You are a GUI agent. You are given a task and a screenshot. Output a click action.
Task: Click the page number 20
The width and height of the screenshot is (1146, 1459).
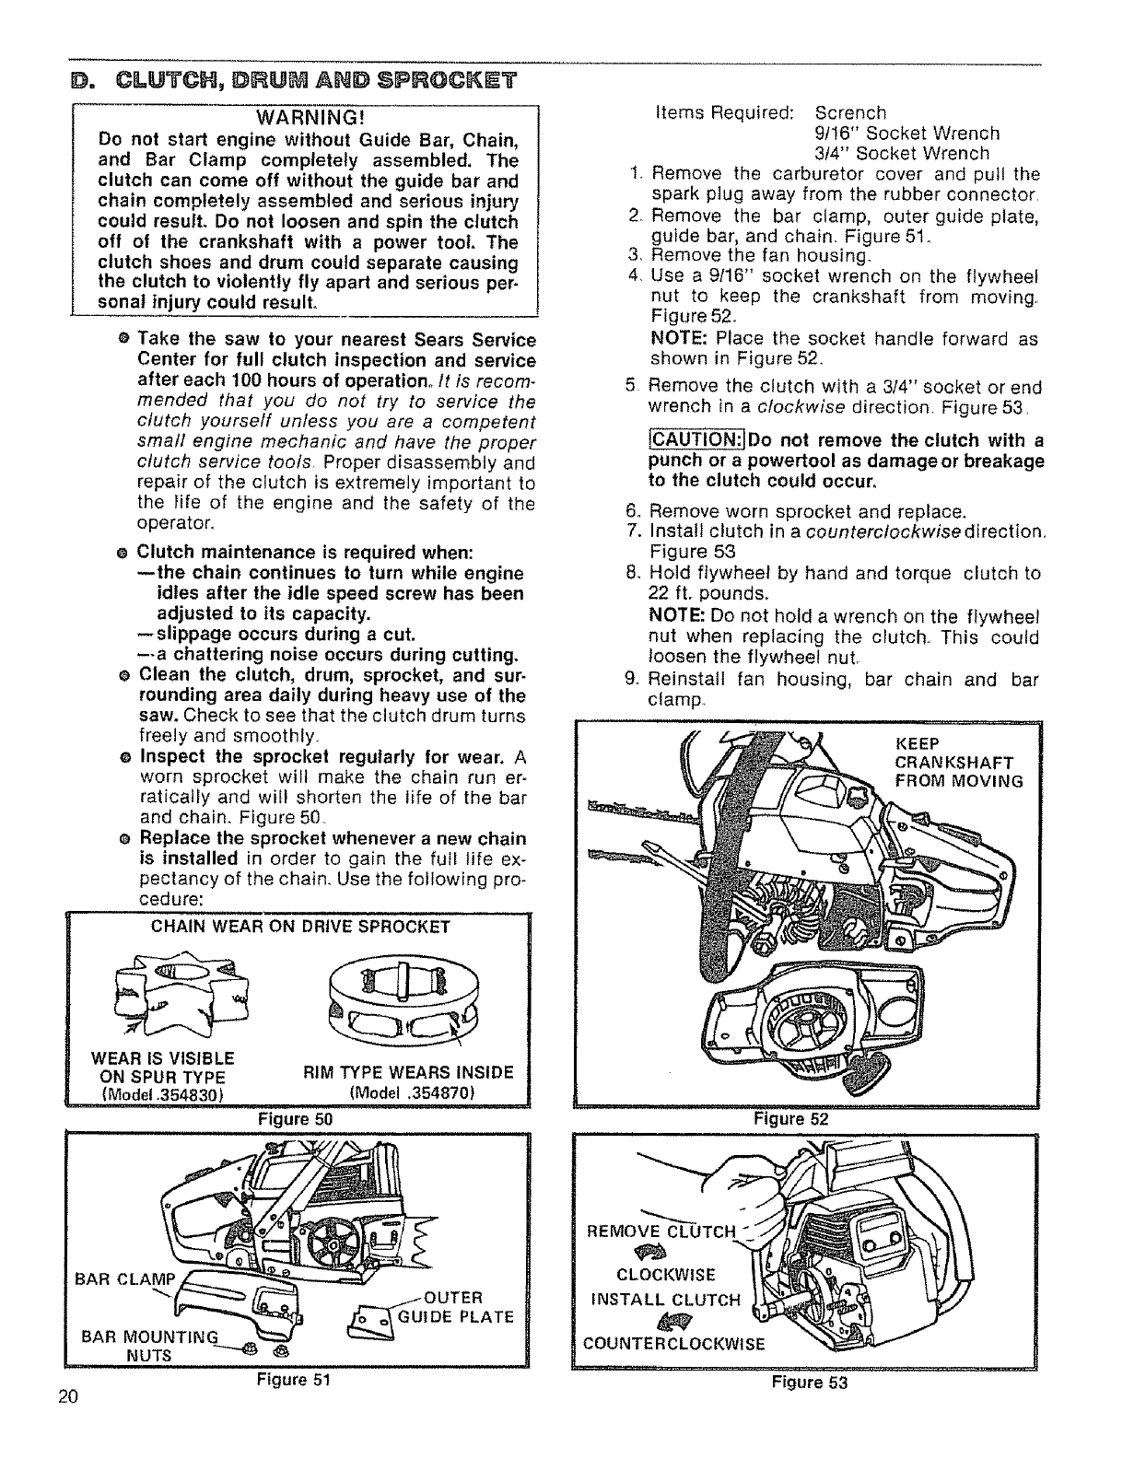(66, 1396)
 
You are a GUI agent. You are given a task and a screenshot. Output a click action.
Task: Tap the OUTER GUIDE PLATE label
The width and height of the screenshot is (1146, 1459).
(455, 1306)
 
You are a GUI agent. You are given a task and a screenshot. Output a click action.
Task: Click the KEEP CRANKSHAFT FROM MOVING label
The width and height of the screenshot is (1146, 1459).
(958, 763)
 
